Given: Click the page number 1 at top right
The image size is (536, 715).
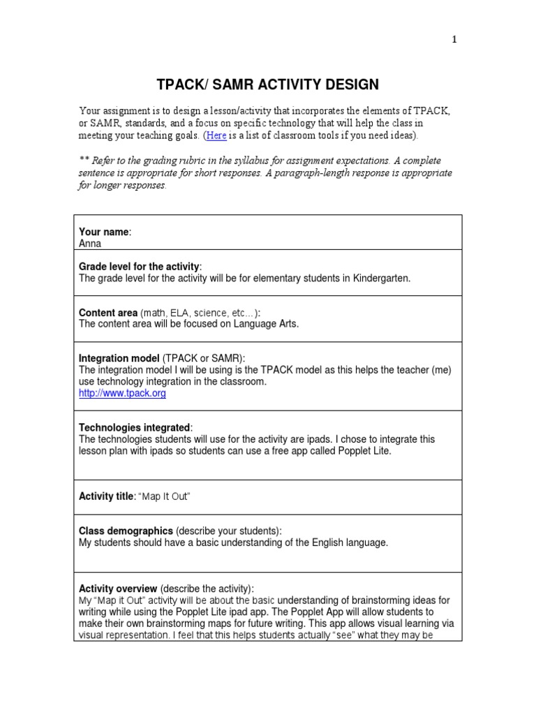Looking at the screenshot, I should tap(454, 40).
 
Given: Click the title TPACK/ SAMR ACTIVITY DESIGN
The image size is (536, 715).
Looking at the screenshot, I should tap(267, 85).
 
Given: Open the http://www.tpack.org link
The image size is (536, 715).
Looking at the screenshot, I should tap(122, 393).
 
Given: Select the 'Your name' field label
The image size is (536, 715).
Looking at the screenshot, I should tap(105, 232).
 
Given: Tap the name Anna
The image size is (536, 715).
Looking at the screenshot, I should tap(90, 244).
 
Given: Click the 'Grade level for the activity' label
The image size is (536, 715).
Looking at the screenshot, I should tap(140, 267).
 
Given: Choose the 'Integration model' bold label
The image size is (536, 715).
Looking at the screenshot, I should tap(119, 358).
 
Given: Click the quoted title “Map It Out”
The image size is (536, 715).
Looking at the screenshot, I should tap(164, 496).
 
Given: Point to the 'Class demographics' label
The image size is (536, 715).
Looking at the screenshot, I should tap(126, 531).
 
